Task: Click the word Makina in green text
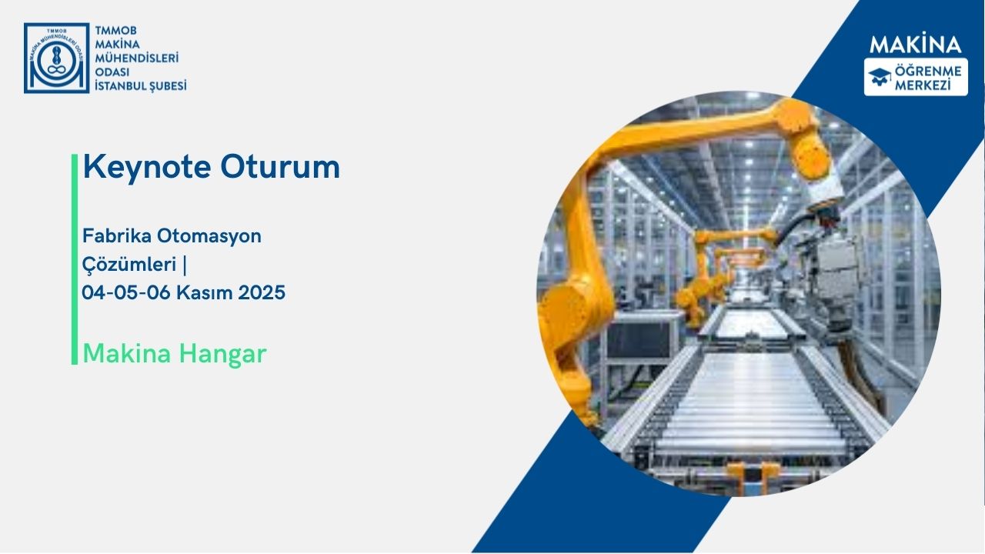point(126,353)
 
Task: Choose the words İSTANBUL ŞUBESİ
point(140,85)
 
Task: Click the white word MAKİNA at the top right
point(916,45)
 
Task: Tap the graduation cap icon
point(880,76)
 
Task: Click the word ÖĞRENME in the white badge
point(927,71)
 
